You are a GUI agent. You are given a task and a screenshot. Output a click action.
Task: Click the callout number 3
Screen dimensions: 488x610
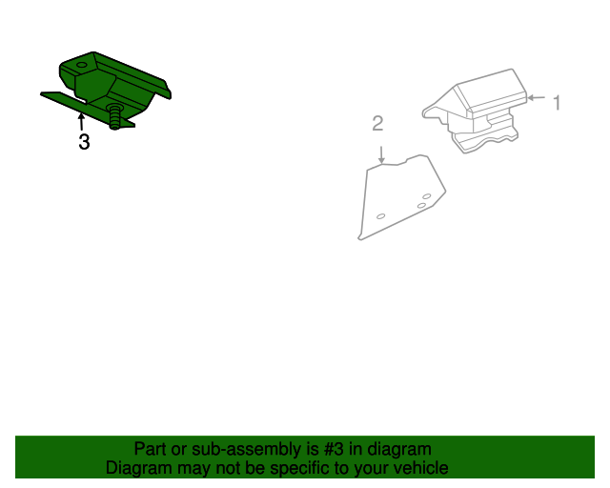point(84,143)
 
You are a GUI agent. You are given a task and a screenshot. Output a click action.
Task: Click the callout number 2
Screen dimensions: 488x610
point(378,123)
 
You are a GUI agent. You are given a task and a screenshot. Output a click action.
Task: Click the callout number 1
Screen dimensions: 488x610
point(558,103)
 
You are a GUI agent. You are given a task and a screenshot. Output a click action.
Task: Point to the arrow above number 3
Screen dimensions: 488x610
point(81,121)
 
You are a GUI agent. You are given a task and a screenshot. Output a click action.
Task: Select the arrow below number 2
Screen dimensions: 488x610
point(381,153)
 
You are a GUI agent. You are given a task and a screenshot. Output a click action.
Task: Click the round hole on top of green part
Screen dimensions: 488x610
point(81,66)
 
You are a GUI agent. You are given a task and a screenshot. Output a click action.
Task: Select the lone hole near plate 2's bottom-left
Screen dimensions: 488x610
point(380,216)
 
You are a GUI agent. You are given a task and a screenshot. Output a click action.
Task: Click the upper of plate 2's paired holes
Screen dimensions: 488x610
point(426,196)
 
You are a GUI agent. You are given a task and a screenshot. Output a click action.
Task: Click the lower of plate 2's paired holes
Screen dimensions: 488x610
point(420,206)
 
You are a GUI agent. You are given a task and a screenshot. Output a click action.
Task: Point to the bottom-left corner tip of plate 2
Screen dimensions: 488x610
point(360,237)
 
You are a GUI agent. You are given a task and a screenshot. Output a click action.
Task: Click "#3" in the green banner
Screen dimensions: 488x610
point(331,449)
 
